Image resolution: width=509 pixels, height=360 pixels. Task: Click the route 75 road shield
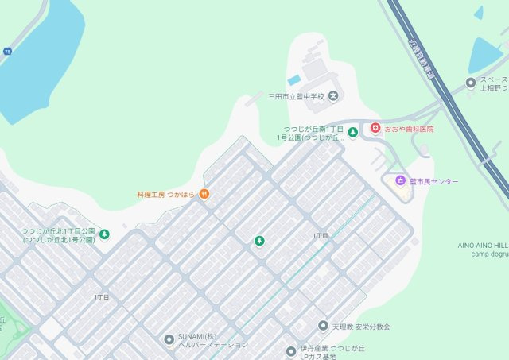click(7, 51)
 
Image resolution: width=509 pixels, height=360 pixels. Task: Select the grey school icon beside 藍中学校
click(333, 97)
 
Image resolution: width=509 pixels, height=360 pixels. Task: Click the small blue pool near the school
click(294, 80)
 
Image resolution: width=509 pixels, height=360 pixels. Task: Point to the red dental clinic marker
click(375, 128)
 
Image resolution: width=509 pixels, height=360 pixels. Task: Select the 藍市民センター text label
click(434, 182)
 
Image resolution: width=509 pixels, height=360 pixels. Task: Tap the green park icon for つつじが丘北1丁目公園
click(103, 234)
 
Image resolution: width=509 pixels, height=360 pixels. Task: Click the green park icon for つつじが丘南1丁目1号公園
click(352, 133)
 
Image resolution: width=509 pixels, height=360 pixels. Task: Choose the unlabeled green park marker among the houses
click(258, 241)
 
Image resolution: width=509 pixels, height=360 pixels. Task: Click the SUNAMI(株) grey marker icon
click(169, 339)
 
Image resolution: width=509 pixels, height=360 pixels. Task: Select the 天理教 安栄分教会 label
click(361, 327)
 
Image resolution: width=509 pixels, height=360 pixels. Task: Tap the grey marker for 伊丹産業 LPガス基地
click(291, 351)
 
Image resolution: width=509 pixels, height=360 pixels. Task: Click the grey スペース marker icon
click(471, 83)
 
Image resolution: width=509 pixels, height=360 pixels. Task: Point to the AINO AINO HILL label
click(482, 246)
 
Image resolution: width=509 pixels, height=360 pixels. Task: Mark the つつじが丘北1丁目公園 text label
click(58, 235)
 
